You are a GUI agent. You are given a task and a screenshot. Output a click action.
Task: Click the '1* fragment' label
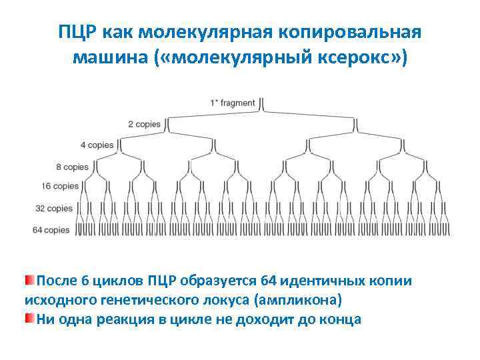[x=232, y=103]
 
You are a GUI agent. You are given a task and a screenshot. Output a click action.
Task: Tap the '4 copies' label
[x=97, y=145]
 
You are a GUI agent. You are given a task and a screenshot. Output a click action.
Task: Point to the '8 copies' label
[x=72, y=166]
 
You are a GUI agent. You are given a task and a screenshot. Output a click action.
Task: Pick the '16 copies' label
[x=60, y=187]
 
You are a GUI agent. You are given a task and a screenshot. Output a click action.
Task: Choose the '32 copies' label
[x=53, y=209]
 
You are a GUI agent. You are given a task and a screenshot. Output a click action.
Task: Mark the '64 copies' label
[x=51, y=230]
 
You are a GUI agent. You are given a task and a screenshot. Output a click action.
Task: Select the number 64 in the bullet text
[x=269, y=280]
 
